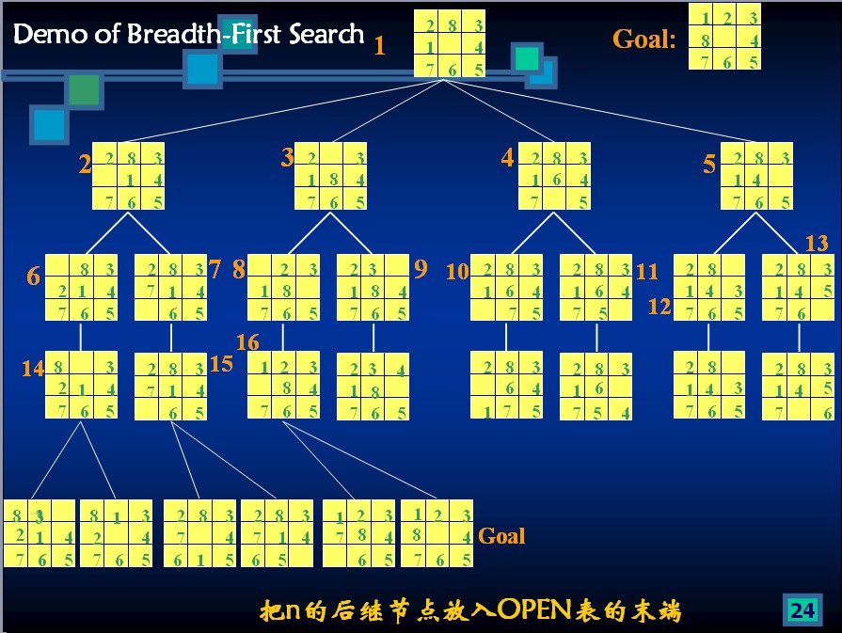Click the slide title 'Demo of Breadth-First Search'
pyautogui.click(x=188, y=36)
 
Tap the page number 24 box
pyautogui.click(x=802, y=610)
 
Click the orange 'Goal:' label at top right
pyautogui.click(x=644, y=40)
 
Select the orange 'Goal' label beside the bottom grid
pyautogui.click(x=501, y=536)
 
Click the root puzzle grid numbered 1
pyautogui.click(x=451, y=43)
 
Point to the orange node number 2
pyautogui.click(x=85, y=166)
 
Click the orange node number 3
pyautogui.click(x=287, y=158)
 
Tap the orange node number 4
pyautogui.click(x=508, y=158)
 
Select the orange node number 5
pyautogui.click(x=709, y=166)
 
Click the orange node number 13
pyautogui.click(x=817, y=244)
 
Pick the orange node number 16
pyautogui.click(x=248, y=342)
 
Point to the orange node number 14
pyautogui.click(x=33, y=369)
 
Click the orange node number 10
pyautogui.click(x=457, y=272)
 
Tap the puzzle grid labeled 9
pyautogui.click(x=373, y=287)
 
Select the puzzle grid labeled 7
pyautogui.click(x=170, y=287)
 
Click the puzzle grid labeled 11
pyautogui.click(x=596, y=287)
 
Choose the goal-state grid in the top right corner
pyautogui.click(x=724, y=37)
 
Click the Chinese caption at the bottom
pyautogui.click(x=469, y=611)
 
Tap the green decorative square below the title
pyautogui.click(x=83, y=89)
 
